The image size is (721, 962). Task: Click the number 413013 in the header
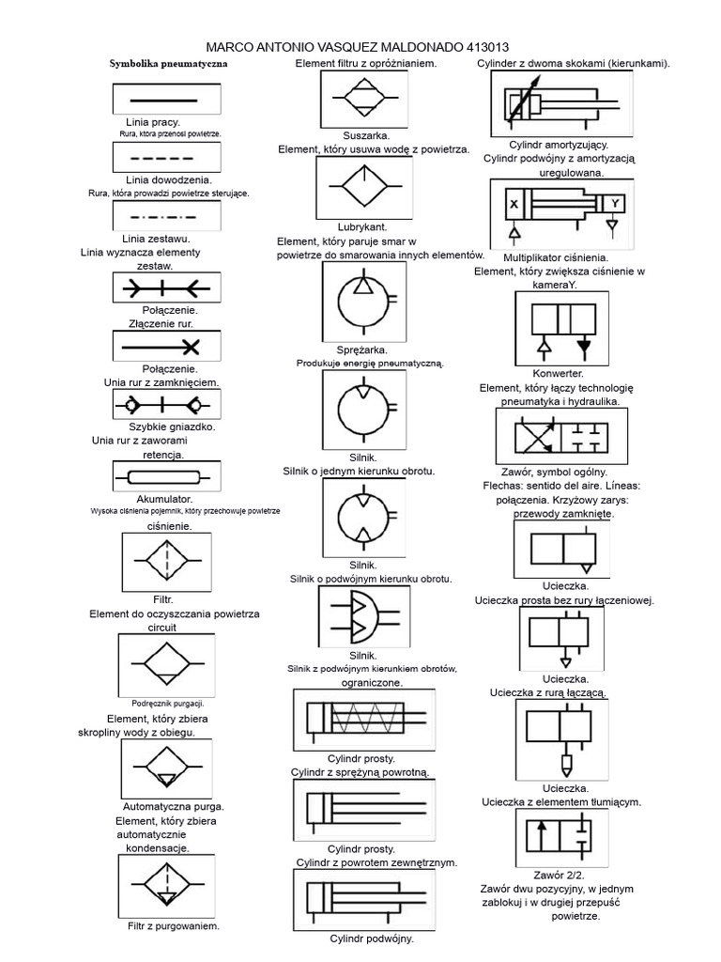(x=487, y=47)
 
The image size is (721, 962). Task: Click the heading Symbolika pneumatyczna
(x=168, y=63)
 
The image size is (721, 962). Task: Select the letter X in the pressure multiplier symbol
(x=514, y=204)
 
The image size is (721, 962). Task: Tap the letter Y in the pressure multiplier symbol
(x=615, y=203)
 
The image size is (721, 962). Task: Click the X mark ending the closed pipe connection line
(x=192, y=348)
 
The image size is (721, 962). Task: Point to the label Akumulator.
(x=164, y=499)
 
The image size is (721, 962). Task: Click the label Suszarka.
(x=366, y=135)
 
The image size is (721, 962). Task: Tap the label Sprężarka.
(x=361, y=349)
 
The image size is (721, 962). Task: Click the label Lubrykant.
(x=362, y=227)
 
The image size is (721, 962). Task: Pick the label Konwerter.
(x=558, y=373)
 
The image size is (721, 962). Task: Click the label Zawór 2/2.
(x=559, y=875)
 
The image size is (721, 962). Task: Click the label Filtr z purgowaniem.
(x=174, y=925)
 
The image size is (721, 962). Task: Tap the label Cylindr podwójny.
(x=372, y=939)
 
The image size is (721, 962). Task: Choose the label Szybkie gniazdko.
(x=172, y=427)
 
